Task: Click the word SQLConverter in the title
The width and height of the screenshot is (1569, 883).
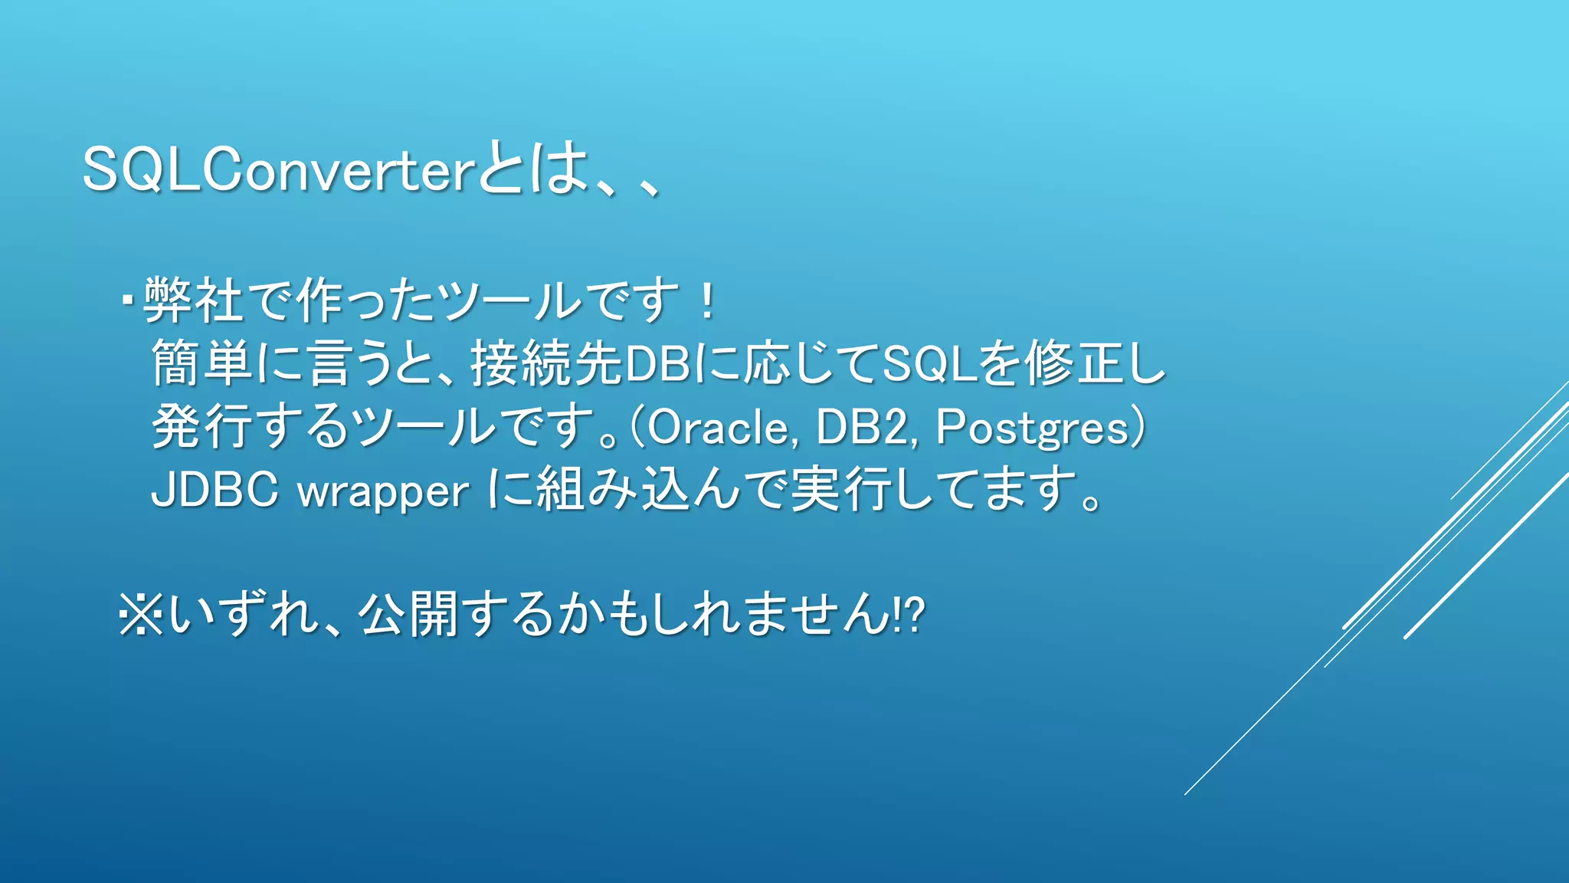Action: click(x=280, y=170)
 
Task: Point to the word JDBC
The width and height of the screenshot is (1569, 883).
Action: click(x=215, y=490)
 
